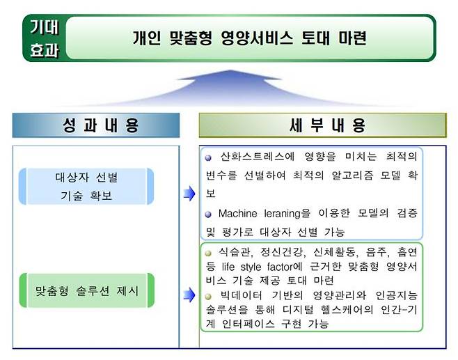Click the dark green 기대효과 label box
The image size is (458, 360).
[45, 38]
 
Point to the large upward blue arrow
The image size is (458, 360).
[229, 88]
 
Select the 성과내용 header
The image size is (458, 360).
[95, 126]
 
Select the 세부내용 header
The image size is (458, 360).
[322, 126]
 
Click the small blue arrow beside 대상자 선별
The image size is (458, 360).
[189, 194]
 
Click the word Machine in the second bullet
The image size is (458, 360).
[240, 213]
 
